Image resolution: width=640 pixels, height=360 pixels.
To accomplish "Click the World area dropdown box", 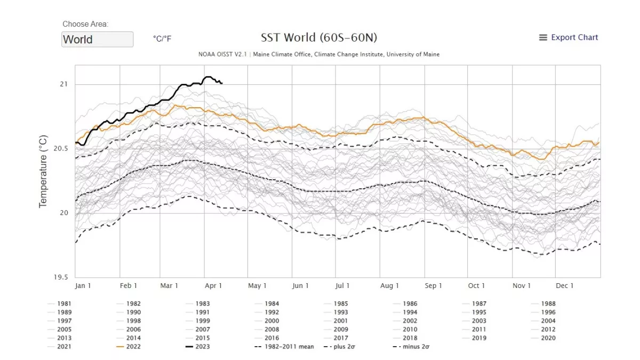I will tap(97, 39).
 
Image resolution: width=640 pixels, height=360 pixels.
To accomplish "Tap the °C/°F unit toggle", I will tap(162, 38).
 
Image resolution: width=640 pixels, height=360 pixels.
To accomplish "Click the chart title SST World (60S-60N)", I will tap(319, 38).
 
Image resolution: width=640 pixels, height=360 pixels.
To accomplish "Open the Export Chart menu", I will tap(569, 37).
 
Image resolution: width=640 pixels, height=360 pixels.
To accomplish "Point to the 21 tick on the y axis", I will tap(64, 84).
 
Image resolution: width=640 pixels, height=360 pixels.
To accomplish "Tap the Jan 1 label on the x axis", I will tap(83, 286).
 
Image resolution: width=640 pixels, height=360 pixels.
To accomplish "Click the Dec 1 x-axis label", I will tap(565, 286).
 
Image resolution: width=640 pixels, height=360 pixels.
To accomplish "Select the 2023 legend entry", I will tap(202, 347).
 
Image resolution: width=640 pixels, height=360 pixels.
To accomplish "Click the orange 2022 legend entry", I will tap(133, 347).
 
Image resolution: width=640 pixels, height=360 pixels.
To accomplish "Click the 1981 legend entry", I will tap(65, 304).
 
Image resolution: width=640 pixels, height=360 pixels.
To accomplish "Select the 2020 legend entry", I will tap(548, 338).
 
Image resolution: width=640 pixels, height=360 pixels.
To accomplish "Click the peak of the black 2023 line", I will tap(208, 77).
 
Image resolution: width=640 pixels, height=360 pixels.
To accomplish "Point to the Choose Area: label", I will tap(85, 24).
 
